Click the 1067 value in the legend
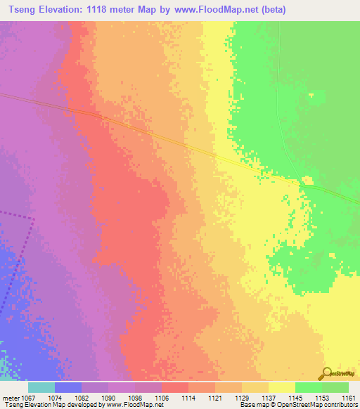click(x=28, y=397)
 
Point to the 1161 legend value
click(x=349, y=397)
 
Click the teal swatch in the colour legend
click(x=41, y=387)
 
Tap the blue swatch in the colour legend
click(x=68, y=387)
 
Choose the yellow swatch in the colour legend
click(x=282, y=387)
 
